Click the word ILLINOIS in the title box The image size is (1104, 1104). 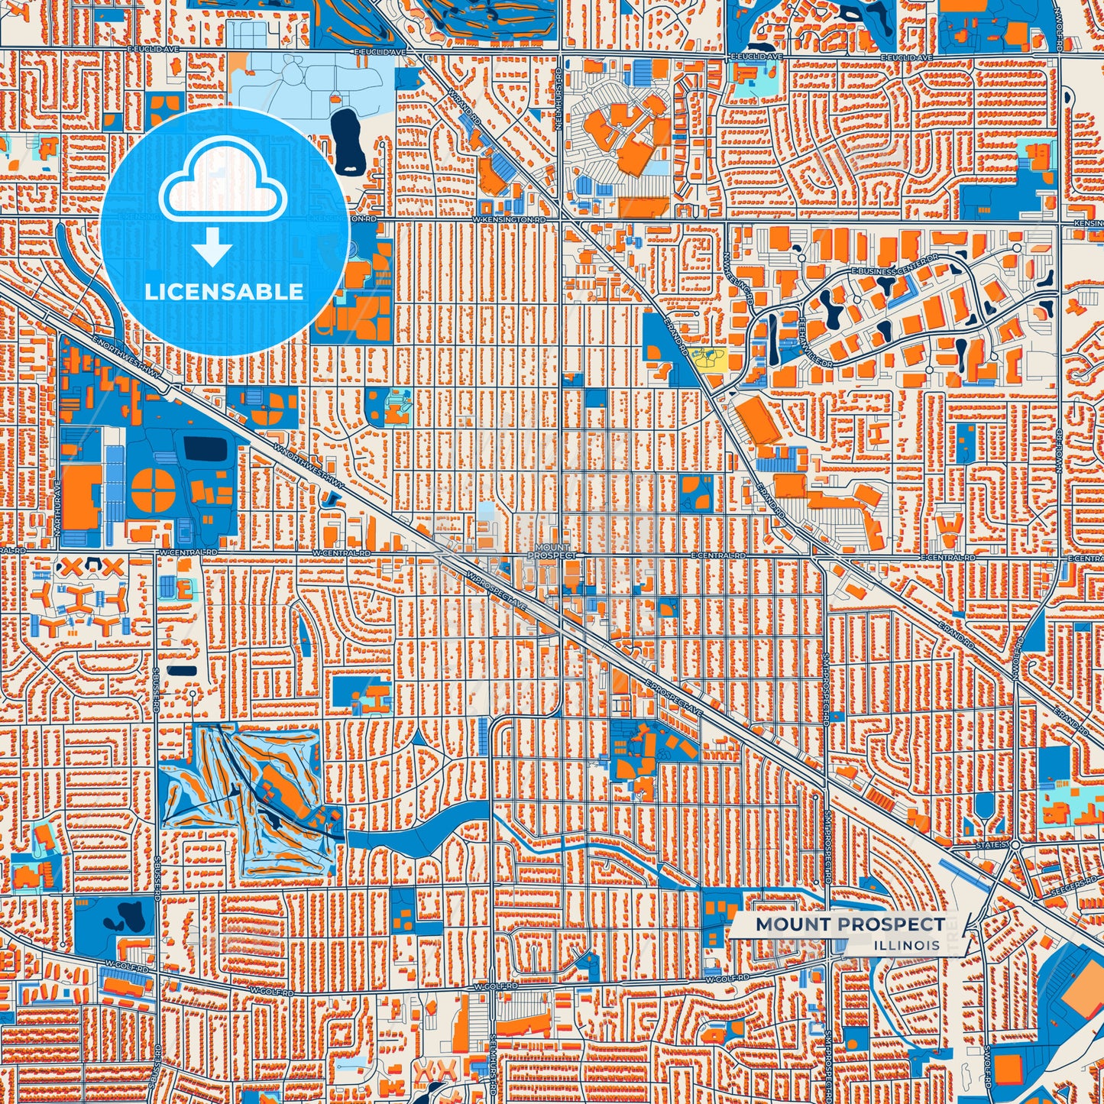[908, 945]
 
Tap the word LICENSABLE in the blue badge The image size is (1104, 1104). [224, 291]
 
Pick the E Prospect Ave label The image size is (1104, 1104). [673, 698]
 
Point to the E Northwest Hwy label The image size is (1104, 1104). [125, 357]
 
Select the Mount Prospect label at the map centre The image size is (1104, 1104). [552, 552]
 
